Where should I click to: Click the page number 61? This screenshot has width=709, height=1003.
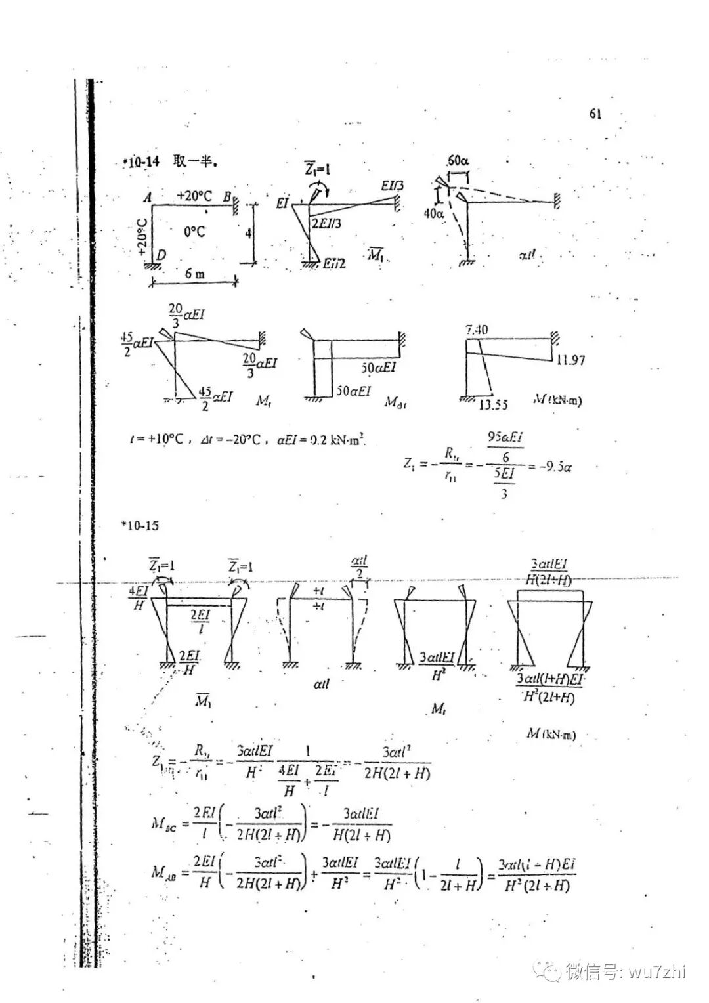[595, 114]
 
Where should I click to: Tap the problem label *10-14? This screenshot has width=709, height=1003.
[140, 161]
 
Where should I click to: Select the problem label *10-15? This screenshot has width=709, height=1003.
[140, 526]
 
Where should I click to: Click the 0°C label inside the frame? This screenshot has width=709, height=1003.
[194, 231]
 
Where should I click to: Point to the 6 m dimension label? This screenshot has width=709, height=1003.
[195, 274]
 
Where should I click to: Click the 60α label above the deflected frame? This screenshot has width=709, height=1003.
[458, 161]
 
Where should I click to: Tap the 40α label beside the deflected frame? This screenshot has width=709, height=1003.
[434, 213]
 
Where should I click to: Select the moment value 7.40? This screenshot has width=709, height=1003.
[477, 330]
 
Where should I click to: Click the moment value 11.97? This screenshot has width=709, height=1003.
[570, 360]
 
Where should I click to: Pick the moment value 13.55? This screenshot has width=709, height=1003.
[492, 405]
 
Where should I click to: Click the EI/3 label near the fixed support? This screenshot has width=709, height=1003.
[392, 186]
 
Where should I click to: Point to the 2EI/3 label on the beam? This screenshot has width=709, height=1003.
[327, 224]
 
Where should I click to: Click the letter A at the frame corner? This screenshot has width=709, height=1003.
[148, 198]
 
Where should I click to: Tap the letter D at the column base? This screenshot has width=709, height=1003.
[161, 255]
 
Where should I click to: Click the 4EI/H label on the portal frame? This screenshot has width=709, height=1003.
[139, 597]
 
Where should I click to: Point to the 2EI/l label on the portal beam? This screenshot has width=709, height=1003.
[200, 621]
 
